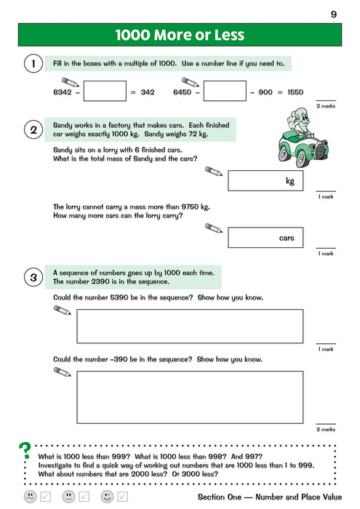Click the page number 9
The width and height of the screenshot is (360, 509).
tap(334, 15)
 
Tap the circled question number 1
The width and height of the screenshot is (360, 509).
tap(33, 63)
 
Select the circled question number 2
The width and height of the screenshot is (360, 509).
tap(33, 130)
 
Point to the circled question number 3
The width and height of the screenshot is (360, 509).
tap(33, 278)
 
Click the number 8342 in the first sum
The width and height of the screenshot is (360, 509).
tap(63, 92)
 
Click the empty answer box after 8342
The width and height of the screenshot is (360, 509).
tap(105, 91)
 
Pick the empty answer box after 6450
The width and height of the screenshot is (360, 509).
tap(225, 91)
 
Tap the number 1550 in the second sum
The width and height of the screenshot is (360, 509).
tap(295, 92)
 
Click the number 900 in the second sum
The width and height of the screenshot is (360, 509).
tap(265, 92)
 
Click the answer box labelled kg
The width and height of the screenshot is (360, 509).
tap(265, 181)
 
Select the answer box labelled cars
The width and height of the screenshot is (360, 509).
tap(265, 238)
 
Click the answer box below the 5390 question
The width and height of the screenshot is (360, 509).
tap(190, 326)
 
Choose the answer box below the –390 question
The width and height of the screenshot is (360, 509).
tap(190, 397)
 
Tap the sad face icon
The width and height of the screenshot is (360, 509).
tap(31, 497)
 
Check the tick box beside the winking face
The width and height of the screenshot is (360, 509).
tap(123, 497)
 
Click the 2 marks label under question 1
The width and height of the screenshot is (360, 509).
tap(326, 106)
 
